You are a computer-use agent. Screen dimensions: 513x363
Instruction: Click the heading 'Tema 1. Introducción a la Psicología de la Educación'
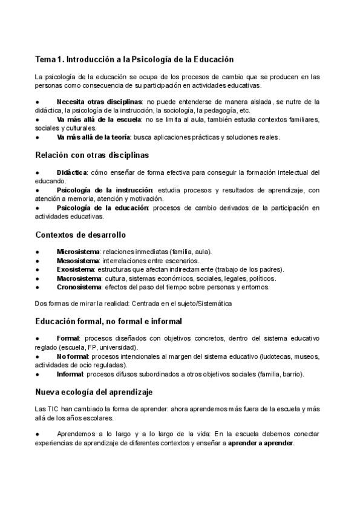pyautogui.click(x=134, y=59)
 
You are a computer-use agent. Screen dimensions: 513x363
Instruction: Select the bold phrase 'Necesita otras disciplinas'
pyautogui.click(x=99, y=102)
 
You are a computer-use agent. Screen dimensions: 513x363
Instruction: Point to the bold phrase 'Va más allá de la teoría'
pyautogui.click(x=94, y=137)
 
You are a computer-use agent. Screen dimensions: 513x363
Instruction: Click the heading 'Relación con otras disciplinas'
pyautogui.click(x=92, y=155)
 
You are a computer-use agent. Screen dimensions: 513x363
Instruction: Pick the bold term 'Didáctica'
pyautogui.click(x=72, y=172)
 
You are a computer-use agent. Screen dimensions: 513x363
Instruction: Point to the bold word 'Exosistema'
pyautogui.click(x=76, y=269)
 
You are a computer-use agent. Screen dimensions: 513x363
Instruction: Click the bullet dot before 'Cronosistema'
pyautogui.click(x=38, y=287)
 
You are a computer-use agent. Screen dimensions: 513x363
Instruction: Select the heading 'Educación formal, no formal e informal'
pyautogui.click(x=109, y=321)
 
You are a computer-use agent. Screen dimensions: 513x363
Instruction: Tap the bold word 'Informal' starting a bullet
pyautogui.click(x=70, y=374)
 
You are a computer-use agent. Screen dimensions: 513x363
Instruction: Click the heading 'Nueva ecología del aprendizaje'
pyautogui.click(x=94, y=392)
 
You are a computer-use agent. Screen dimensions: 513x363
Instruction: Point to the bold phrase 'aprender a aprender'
pyautogui.click(x=261, y=443)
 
